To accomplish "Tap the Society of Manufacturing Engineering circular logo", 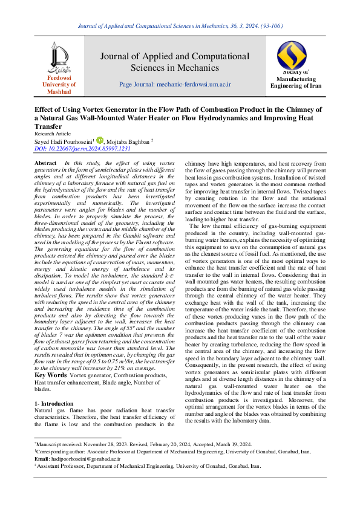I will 292,54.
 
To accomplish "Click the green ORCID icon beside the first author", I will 100,140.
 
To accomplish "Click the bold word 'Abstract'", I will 46,164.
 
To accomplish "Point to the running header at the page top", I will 180,26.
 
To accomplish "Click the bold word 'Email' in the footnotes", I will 42,459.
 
